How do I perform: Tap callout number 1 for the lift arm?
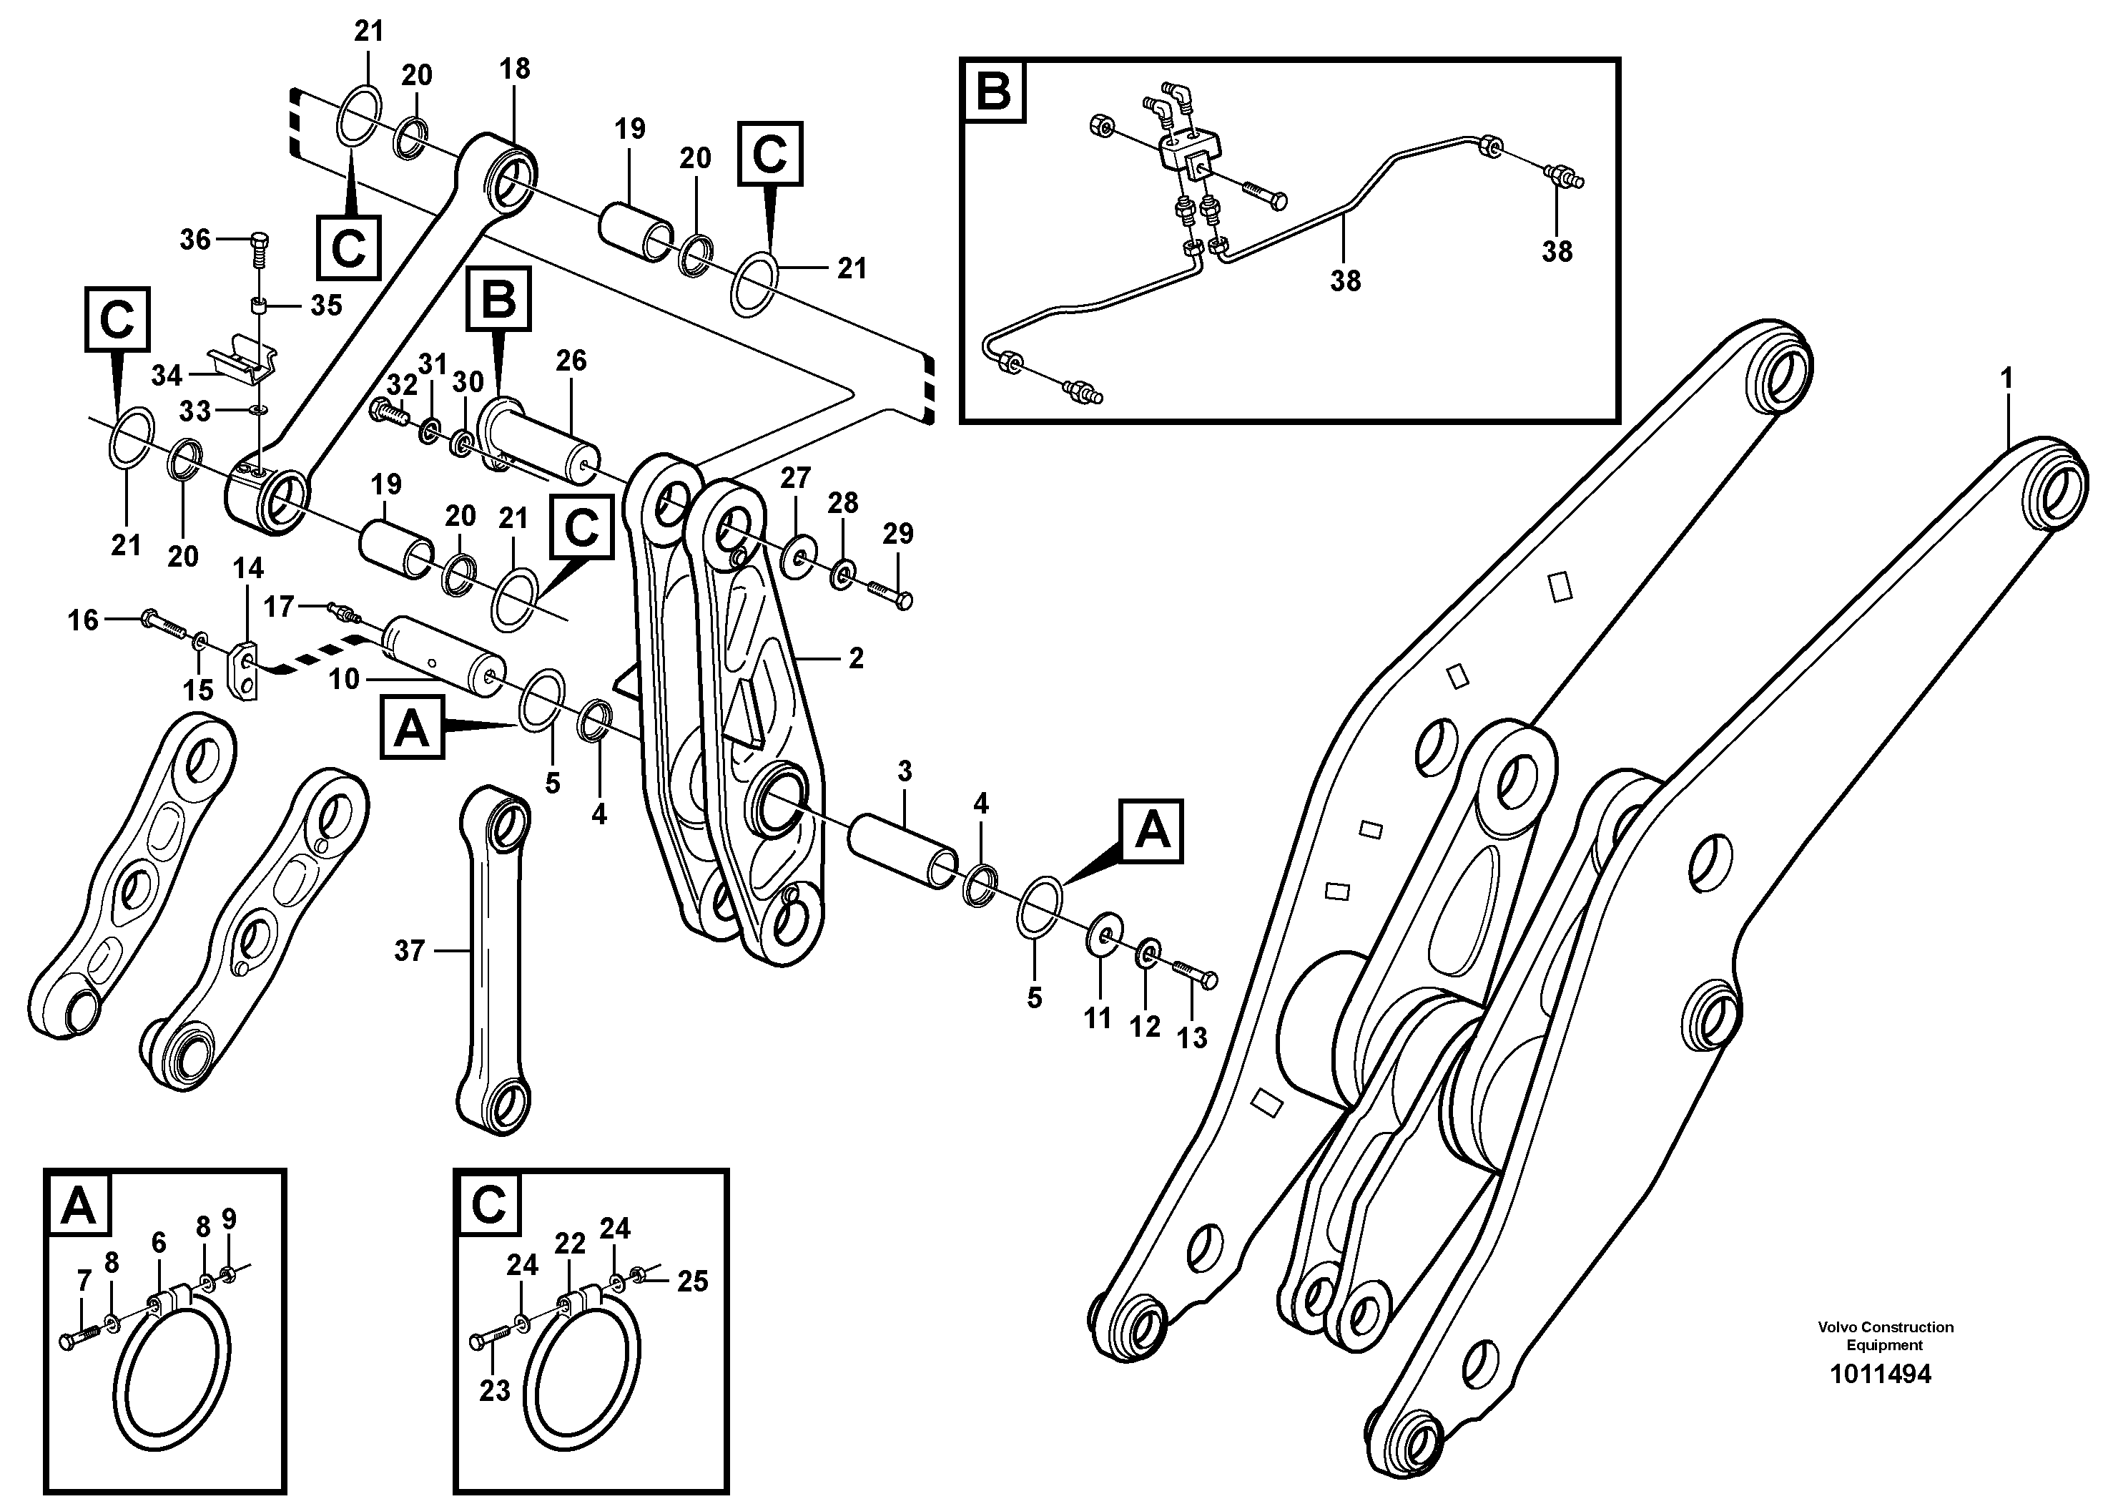pos(2006,379)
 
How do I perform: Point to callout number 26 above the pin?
pos(571,361)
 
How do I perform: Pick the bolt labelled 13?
pos(1196,974)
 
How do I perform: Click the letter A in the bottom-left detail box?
pos(79,1206)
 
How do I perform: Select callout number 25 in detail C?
pos(692,1281)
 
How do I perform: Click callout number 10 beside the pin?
pos(343,679)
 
